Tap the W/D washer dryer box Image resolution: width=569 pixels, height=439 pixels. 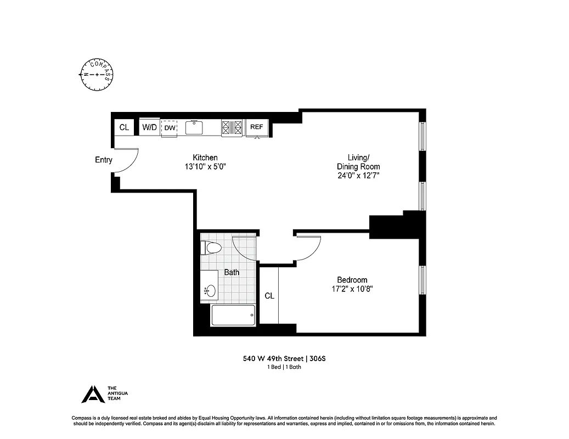coord(149,127)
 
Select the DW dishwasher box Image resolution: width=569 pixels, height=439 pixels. coord(170,128)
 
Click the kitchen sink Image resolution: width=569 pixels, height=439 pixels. coord(195,127)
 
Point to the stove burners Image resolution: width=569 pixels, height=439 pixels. coord(232,127)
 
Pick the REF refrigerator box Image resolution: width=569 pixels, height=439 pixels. coord(257,127)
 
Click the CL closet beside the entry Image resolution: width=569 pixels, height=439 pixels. coord(125,127)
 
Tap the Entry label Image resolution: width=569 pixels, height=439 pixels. coord(104,160)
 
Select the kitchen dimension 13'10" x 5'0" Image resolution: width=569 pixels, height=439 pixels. coord(205,167)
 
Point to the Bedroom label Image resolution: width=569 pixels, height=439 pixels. coord(352,280)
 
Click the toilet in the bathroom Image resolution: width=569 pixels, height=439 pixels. coord(212,248)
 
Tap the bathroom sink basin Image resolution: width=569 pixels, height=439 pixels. coord(210,290)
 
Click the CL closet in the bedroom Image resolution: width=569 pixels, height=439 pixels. coord(269,296)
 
